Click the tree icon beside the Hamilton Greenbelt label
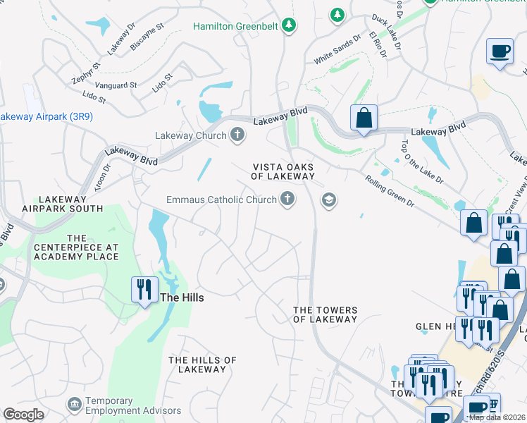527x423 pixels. pyautogui.click(x=288, y=26)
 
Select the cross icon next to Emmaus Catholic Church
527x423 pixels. pyautogui.click(x=287, y=200)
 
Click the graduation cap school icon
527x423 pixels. pyautogui.click(x=328, y=201)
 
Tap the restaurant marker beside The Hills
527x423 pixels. pyautogui.click(x=144, y=290)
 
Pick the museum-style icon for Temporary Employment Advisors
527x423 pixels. pyautogui.click(x=74, y=404)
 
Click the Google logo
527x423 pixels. pyautogui.click(x=23, y=414)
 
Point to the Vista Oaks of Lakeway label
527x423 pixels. pyautogui.click(x=283, y=171)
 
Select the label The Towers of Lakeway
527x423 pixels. pyautogui.click(x=325, y=314)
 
